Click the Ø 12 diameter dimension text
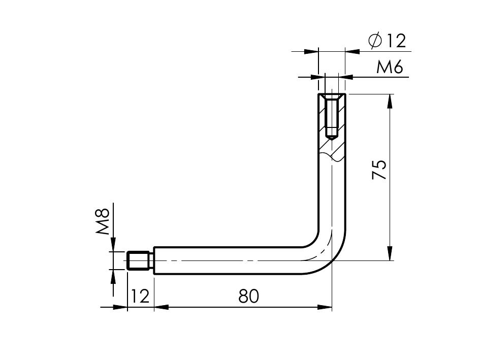pos(388,41)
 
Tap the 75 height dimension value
pos(379,170)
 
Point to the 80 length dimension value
pos(249,296)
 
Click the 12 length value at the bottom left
pos(140,296)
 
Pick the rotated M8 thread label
pos(103,221)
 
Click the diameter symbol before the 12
pos(375,41)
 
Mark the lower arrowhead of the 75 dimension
pos(390,254)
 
